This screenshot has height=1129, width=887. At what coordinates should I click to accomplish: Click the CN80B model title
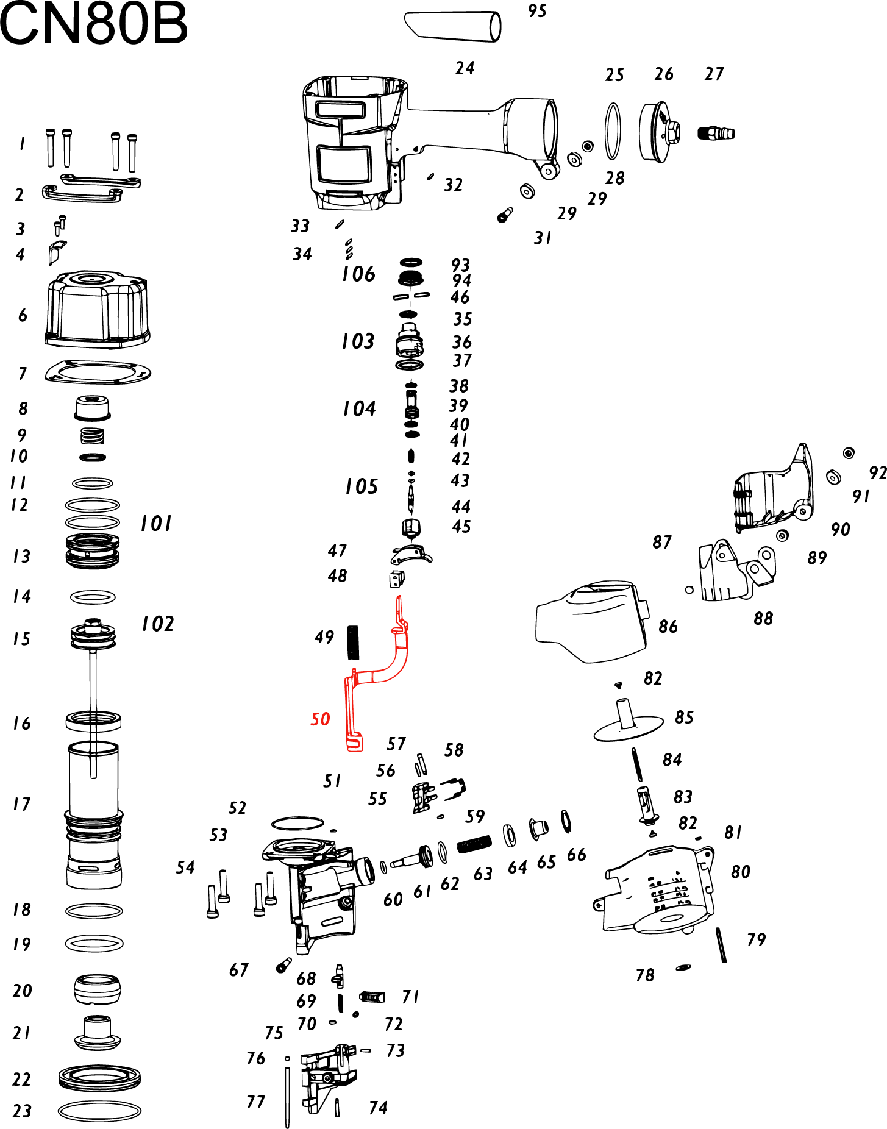93,24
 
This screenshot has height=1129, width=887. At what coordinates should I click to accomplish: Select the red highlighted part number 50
320,719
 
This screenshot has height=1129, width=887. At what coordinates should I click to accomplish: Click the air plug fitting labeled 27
716,132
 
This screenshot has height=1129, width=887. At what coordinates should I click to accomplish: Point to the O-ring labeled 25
613,131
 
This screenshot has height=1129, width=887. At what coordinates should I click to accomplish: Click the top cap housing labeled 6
98,310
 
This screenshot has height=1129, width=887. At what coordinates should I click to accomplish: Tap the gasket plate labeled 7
98,372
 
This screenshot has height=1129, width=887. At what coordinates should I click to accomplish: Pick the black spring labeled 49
353,643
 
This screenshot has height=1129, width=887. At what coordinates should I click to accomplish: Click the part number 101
156,524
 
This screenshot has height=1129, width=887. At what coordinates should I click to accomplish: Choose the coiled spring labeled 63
474,844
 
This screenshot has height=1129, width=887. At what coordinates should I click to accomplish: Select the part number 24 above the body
465,68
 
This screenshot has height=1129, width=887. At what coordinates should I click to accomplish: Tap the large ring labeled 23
99,1111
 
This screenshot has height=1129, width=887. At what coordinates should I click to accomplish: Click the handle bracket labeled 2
82,194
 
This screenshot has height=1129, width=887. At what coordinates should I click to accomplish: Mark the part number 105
361,486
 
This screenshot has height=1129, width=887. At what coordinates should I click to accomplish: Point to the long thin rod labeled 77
287,1094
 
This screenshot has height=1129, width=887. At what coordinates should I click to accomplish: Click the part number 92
877,473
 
